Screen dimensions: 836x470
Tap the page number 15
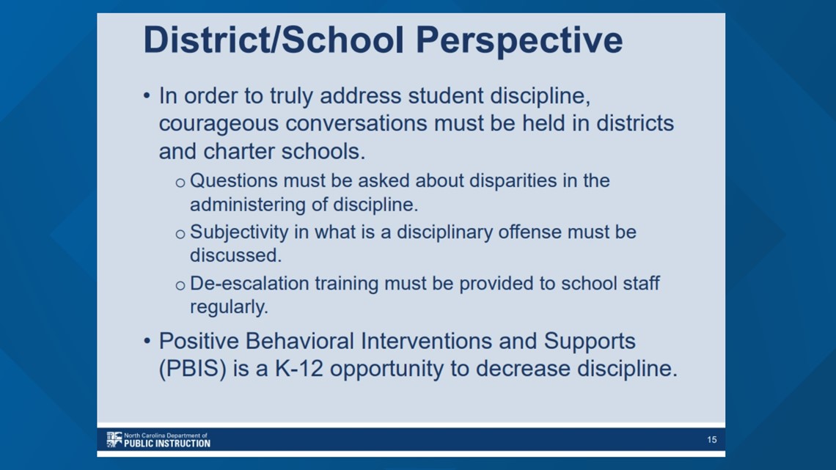[x=712, y=440]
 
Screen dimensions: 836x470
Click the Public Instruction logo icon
[x=114, y=439]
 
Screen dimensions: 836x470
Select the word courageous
[x=219, y=125]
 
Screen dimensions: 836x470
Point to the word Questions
[x=233, y=180]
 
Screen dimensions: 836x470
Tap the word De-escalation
[x=249, y=283]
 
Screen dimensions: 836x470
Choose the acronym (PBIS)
[x=192, y=369]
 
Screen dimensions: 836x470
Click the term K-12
[x=298, y=368]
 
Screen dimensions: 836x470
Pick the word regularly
[x=229, y=307]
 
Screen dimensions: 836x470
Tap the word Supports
[x=589, y=342]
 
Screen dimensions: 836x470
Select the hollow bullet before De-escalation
[x=180, y=286]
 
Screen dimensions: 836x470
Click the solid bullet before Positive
[x=147, y=341]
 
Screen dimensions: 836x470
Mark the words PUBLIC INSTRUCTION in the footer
[x=167, y=444]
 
